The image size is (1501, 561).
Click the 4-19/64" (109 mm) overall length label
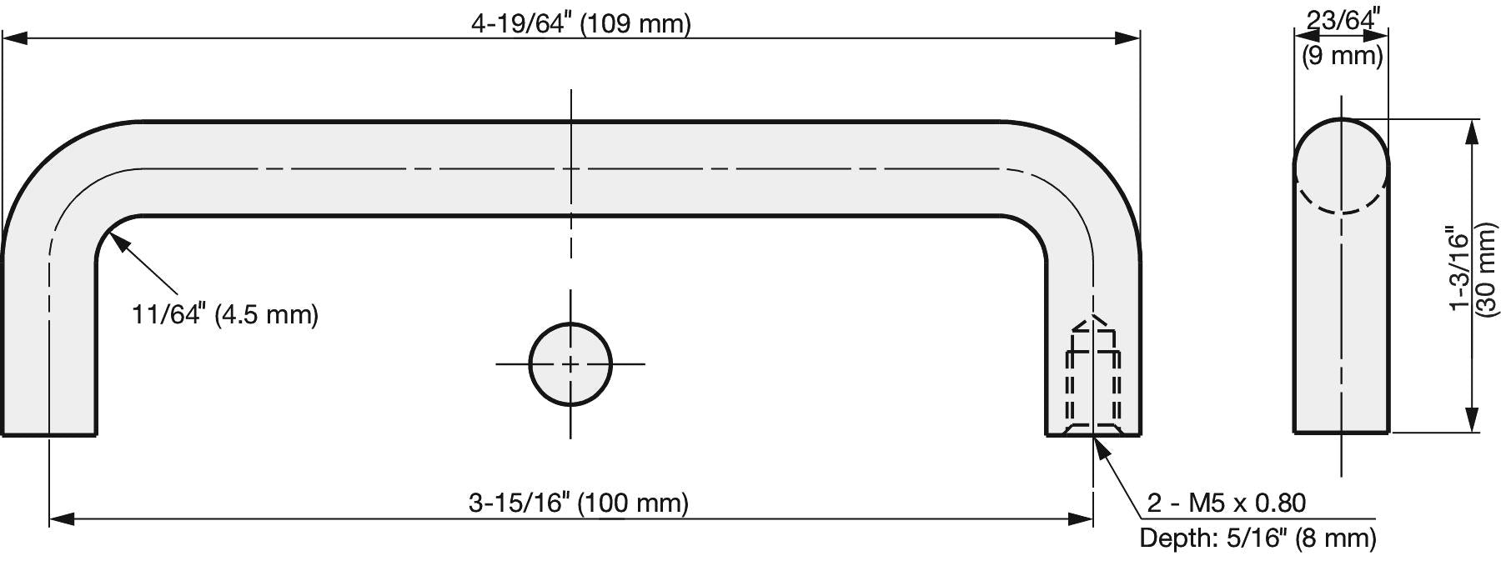coord(581,23)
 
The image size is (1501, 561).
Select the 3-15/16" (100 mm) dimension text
coord(579,503)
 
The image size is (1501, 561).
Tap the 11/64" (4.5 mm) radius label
coord(225,314)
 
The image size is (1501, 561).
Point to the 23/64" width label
coord(1343,18)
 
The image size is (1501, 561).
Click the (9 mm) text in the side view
coord(1343,56)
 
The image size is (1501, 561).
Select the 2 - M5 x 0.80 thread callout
coord(1226,503)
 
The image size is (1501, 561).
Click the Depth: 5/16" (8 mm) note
coord(1258,538)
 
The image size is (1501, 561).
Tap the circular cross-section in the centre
coord(570,364)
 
